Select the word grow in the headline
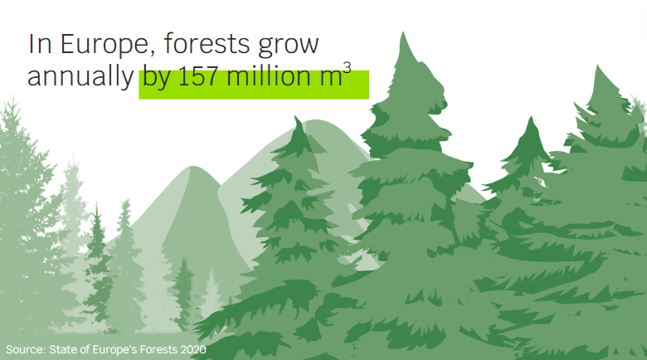289,46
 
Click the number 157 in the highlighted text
198,76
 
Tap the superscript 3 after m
347,67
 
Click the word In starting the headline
40,44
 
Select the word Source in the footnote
26,350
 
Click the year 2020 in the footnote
193,350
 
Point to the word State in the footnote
63,350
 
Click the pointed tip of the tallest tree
403,32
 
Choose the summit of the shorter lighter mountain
193,167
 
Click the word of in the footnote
84,350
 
